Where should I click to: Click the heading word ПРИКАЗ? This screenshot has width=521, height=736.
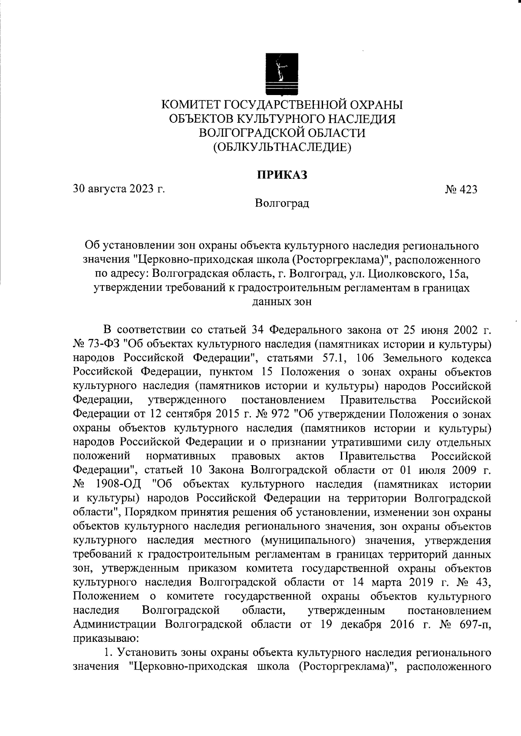click(282, 175)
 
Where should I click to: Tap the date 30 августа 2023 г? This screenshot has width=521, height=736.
click(119, 189)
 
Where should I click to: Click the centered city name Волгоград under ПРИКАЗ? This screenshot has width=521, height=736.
click(282, 203)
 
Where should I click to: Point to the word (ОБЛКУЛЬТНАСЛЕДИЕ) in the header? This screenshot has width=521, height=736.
click(282, 147)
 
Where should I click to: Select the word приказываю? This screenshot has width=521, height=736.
click(106, 639)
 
